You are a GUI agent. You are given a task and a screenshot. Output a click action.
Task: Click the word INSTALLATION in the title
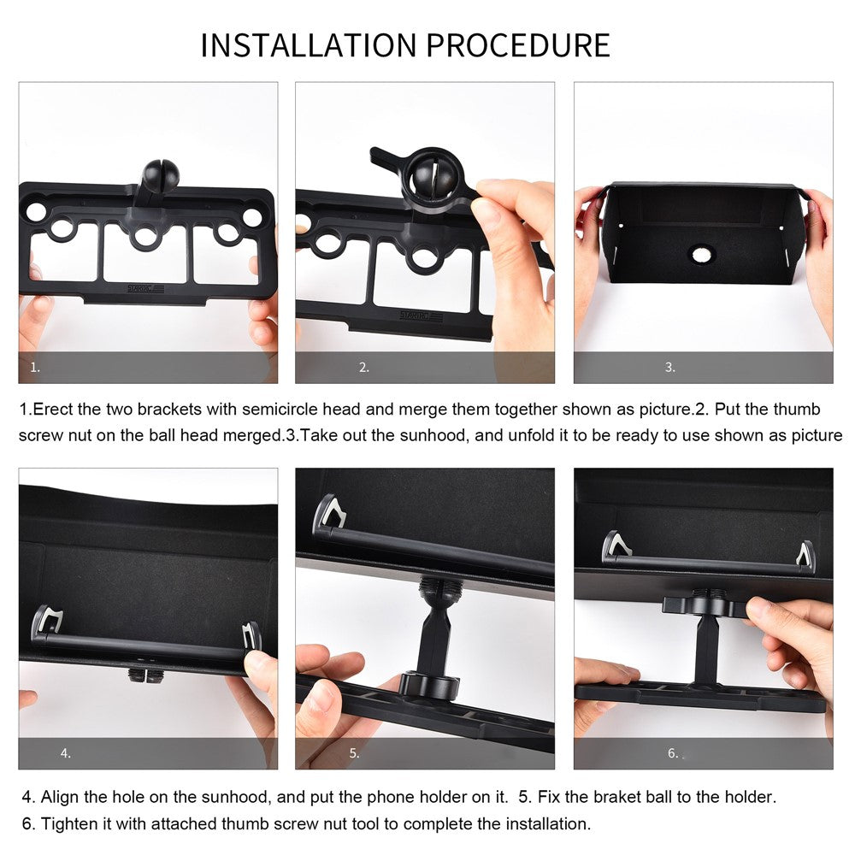click(309, 44)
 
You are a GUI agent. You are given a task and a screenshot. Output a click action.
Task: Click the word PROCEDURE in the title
click(518, 44)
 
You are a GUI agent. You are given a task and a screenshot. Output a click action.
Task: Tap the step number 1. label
click(35, 368)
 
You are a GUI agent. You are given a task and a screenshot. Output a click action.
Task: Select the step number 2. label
click(364, 368)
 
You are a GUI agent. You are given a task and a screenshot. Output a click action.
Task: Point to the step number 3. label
click(670, 368)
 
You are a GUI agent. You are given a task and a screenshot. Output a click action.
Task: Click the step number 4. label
click(66, 753)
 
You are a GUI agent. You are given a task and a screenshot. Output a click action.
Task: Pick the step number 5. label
click(355, 753)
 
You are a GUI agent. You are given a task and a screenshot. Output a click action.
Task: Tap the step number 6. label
click(674, 753)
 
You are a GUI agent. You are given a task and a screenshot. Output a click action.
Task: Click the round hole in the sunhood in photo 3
click(701, 254)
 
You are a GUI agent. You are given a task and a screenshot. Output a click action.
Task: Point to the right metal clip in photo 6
click(806, 554)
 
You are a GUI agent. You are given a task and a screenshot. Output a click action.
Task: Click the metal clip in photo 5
click(331, 514)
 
